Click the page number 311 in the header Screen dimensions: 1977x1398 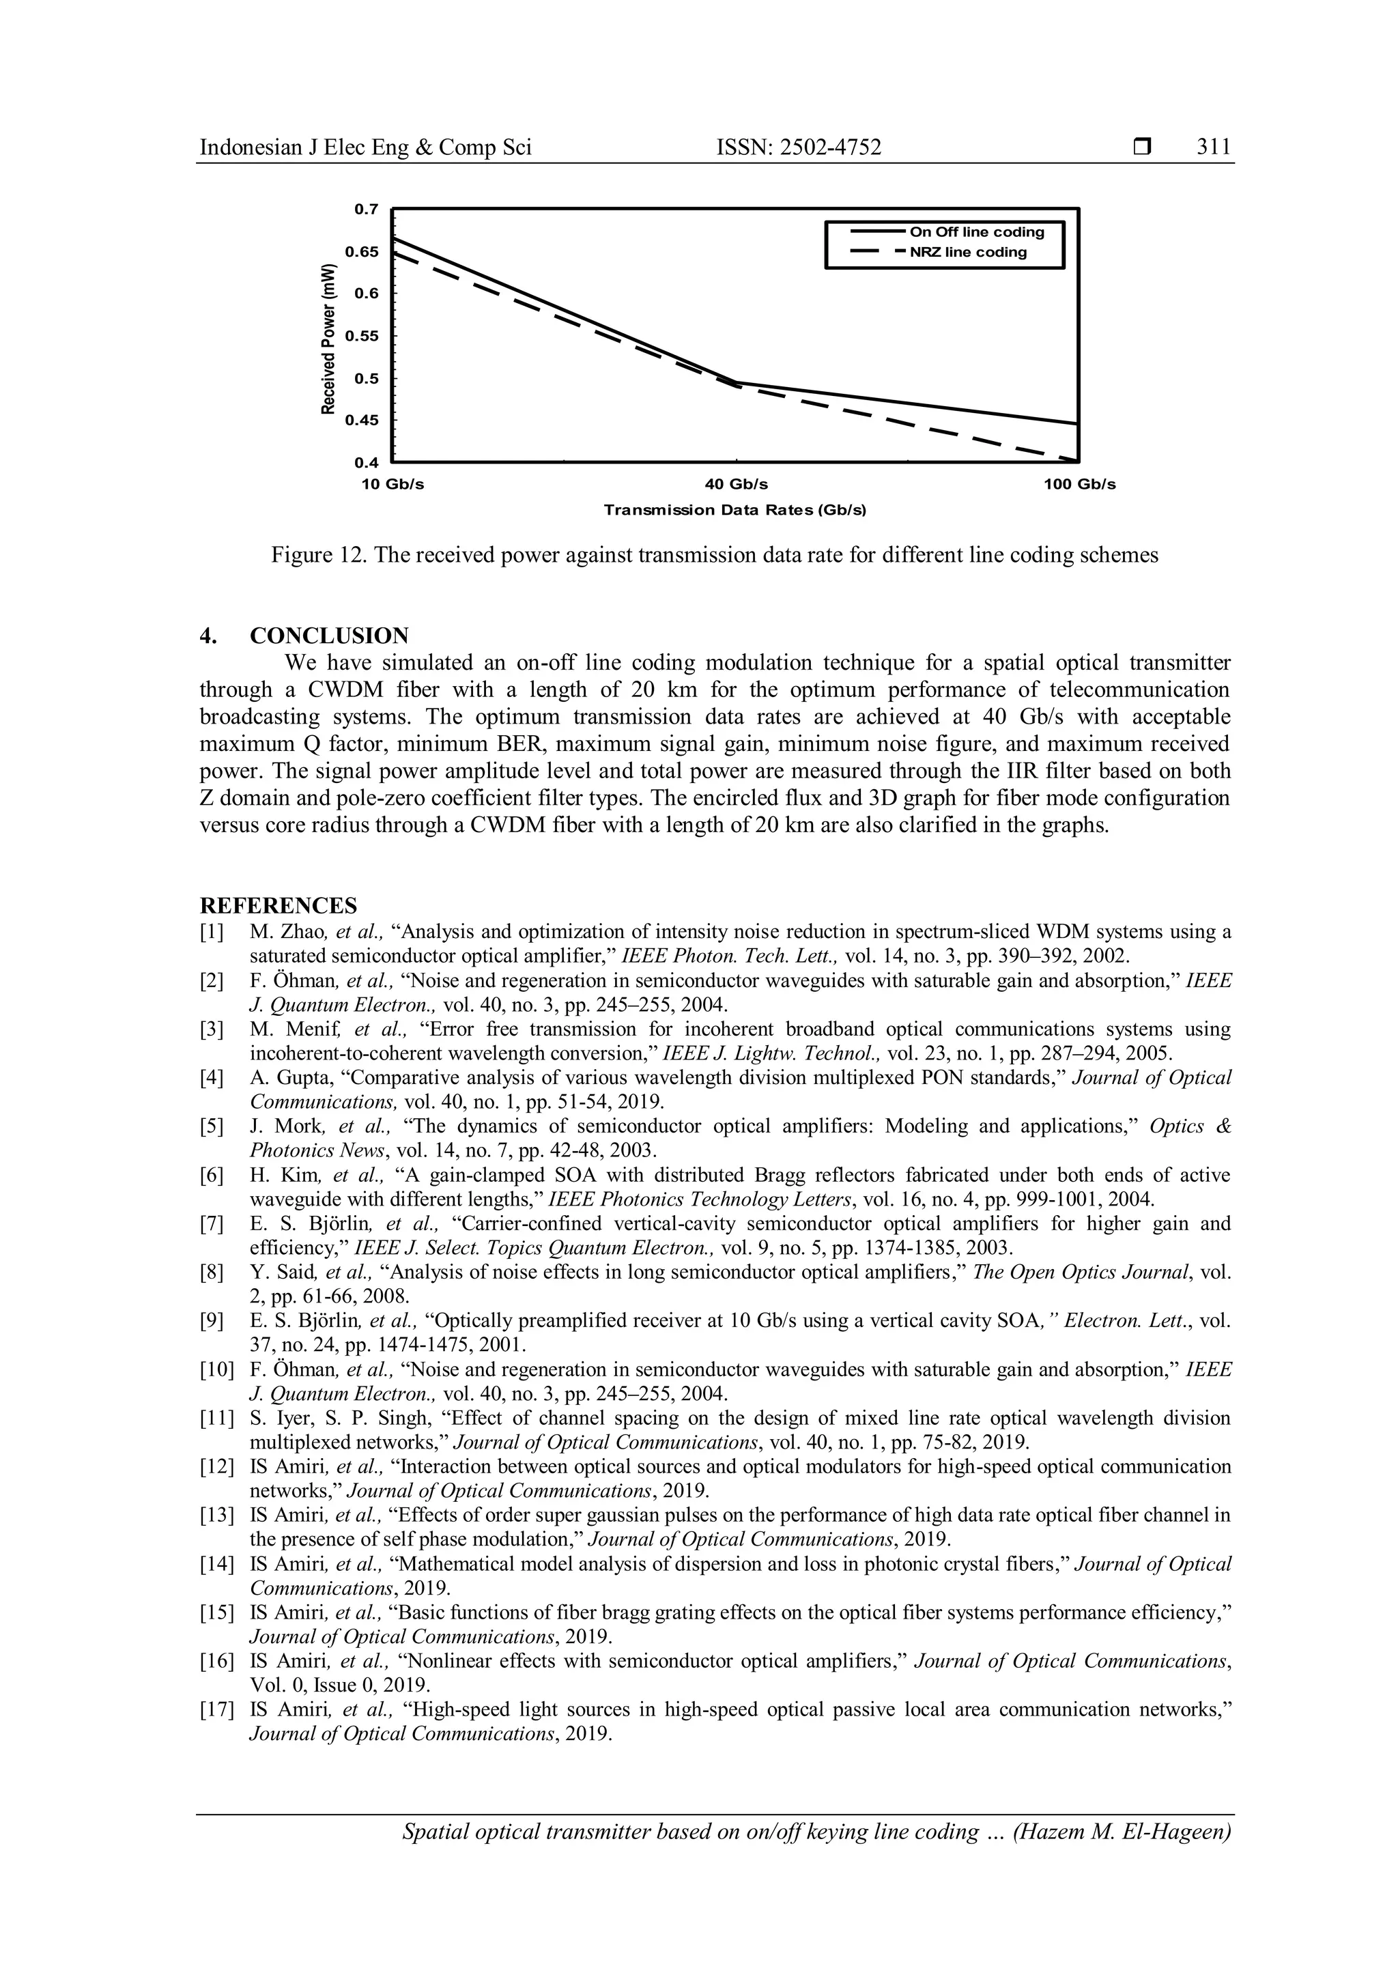pyautogui.click(x=1214, y=147)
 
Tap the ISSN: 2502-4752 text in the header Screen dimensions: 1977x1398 pyautogui.click(x=799, y=147)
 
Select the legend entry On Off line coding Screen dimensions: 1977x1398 pyautogui.click(x=976, y=231)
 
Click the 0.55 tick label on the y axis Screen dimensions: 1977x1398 pyautogui.click(x=362, y=336)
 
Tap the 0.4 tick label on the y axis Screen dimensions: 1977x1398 pyautogui.click(x=366, y=464)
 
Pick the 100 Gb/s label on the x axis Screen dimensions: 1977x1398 pyautogui.click(x=1079, y=485)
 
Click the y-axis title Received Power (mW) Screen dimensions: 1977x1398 pyautogui.click(x=327, y=337)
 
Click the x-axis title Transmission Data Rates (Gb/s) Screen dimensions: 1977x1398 pyautogui.click(x=734, y=511)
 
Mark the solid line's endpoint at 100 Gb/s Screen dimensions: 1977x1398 pyautogui.click(x=1077, y=423)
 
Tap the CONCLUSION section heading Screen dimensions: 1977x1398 pyautogui.click(x=329, y=636)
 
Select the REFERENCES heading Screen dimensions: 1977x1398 pyautogui.click(x=278, y=906)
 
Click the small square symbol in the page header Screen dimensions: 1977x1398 pyautogui.click(x=1142, y=148)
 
